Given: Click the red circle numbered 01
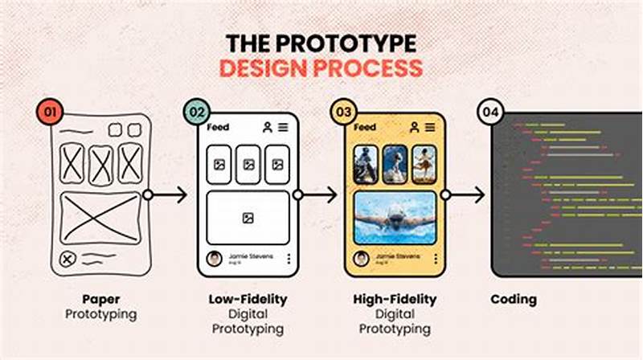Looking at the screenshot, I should (50, 112).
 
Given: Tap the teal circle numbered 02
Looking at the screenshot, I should (197, 112).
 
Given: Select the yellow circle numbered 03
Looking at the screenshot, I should (344, 112).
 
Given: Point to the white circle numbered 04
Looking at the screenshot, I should (491, 112).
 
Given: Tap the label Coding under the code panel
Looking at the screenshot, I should (514, 299).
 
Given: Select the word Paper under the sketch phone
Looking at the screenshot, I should (101, 299).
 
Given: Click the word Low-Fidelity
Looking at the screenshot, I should (248, 299).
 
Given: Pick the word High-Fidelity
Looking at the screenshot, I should (395, 299).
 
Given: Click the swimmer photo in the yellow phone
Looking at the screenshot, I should (395, 218).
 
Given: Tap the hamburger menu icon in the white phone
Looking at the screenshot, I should (284, 127).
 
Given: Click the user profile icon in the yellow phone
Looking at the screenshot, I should (415, 127).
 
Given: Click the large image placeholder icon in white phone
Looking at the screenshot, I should (248, 218).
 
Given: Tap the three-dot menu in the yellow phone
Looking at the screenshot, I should (435, 259).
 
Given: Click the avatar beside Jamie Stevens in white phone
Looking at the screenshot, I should (215, 259).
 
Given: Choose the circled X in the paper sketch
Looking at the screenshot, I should (68, 259).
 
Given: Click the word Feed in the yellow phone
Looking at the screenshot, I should (365, 127).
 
